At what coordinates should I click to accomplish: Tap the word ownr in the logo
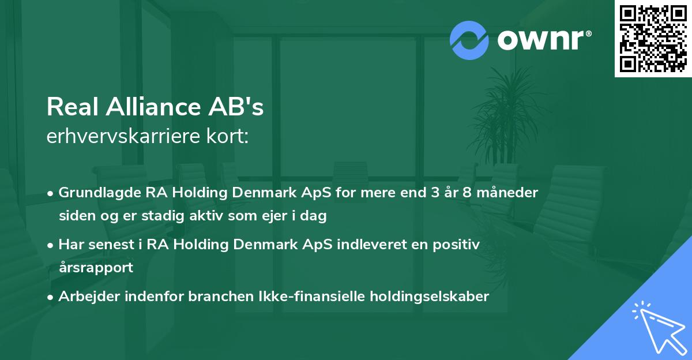pyautogui.click(x=545, y=39)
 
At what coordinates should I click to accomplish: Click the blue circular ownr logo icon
pyautogui.click(x=469, y=40)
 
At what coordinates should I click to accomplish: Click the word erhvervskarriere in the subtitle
pyautogui.click(x=119, y=137)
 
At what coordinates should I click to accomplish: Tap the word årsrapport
pyautogui.click(x=96, y=268)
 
